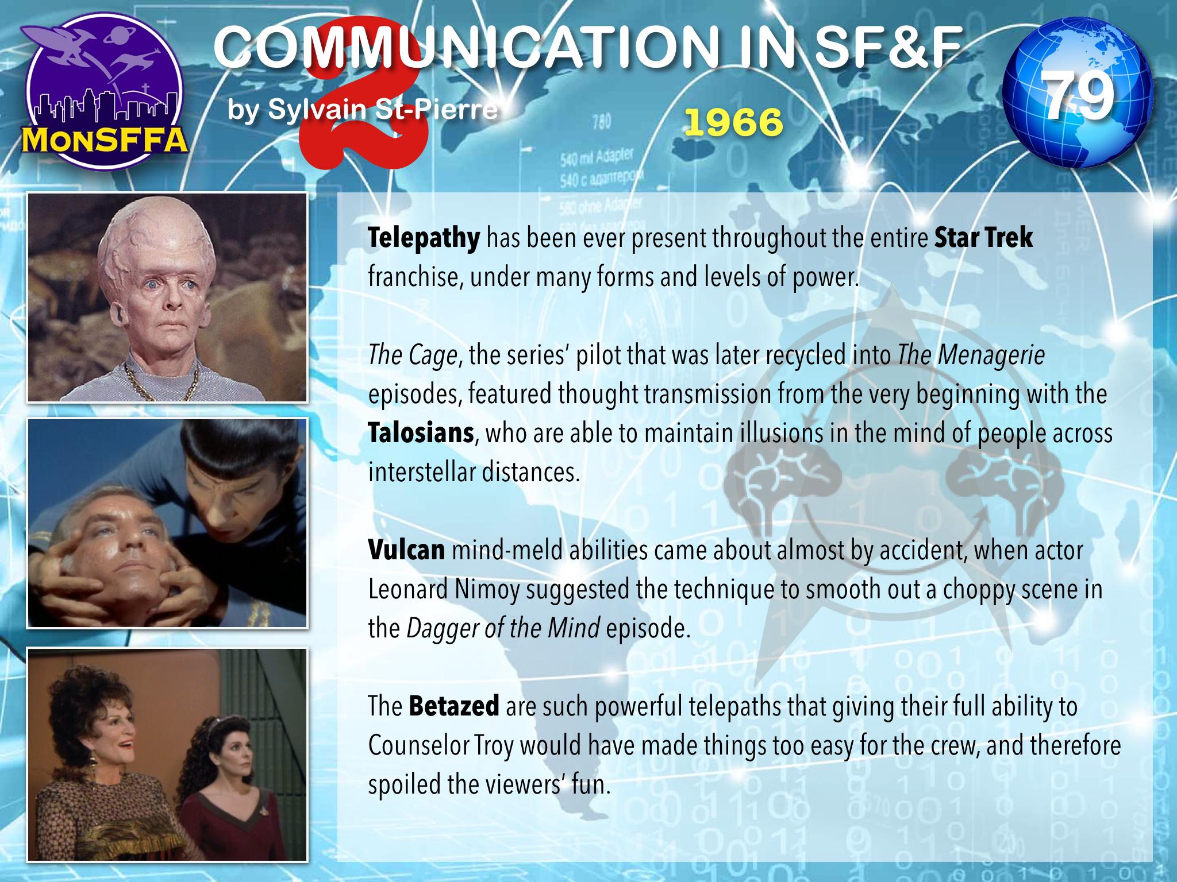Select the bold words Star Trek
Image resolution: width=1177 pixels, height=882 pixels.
tap(984, 238)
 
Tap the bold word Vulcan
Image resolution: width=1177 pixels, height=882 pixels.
tap(406, 550)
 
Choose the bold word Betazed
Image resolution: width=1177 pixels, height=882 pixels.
tap(454, 706)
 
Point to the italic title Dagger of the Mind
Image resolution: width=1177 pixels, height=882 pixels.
tap(503, 629)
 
